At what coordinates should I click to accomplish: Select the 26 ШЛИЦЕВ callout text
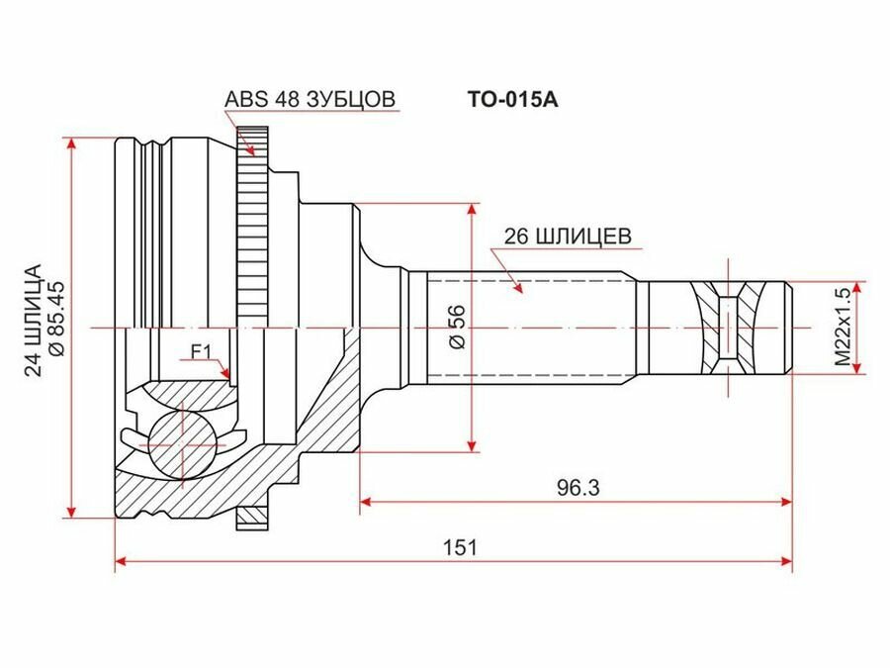pos(568,237)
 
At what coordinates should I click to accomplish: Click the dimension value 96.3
pos(578,487)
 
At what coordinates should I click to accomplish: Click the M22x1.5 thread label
pos(843,328)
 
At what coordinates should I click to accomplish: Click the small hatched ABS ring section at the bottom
pos(255,517)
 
